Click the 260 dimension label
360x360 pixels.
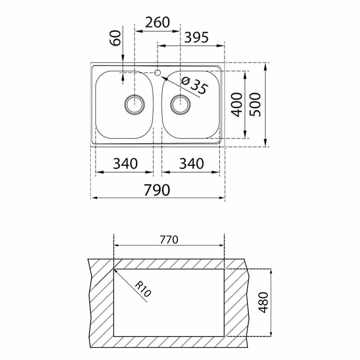(157, 22)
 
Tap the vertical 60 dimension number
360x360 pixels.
(116, 40)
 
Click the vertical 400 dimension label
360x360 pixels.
(236, 104)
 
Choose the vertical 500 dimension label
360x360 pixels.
(255, 104)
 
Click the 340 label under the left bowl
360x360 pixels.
(125, 164)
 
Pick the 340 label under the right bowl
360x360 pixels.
(191, 164)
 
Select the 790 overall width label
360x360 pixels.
(157, 190)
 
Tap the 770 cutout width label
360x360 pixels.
(169, 239)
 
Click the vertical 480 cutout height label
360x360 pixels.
(264, 303)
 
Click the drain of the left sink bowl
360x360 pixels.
(135, 104)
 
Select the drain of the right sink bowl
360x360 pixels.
(180, 104)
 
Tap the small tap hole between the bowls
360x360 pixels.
(157, 72)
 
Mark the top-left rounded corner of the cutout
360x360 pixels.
(115, 270)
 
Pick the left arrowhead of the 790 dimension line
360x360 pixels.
(94, 198)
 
